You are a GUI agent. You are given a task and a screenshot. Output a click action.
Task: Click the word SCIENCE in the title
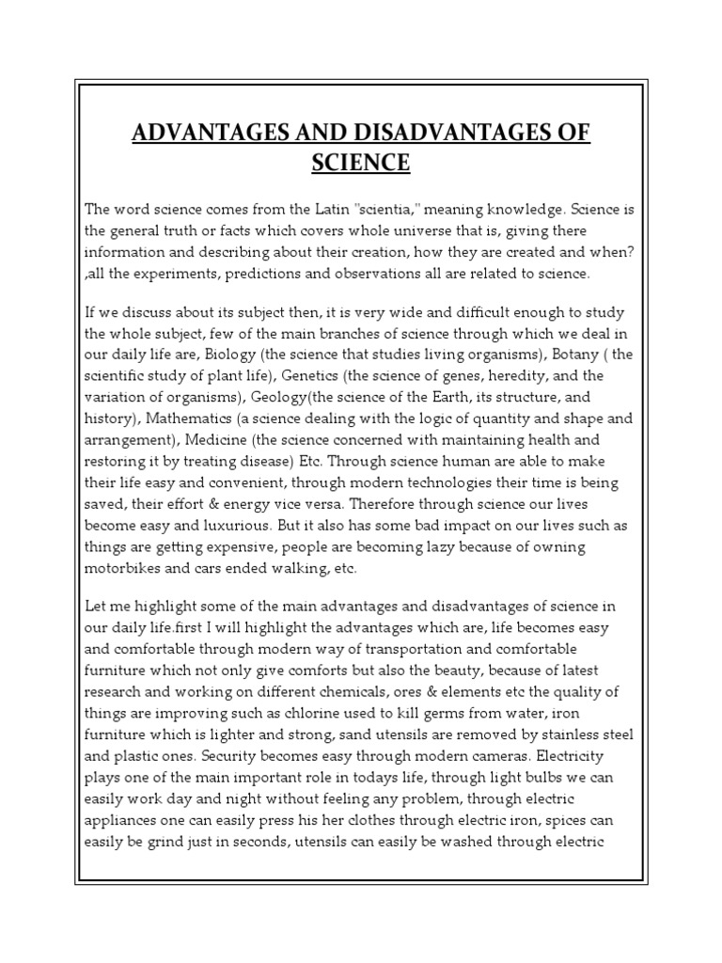361,163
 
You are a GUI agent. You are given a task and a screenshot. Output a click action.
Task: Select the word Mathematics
191,418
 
